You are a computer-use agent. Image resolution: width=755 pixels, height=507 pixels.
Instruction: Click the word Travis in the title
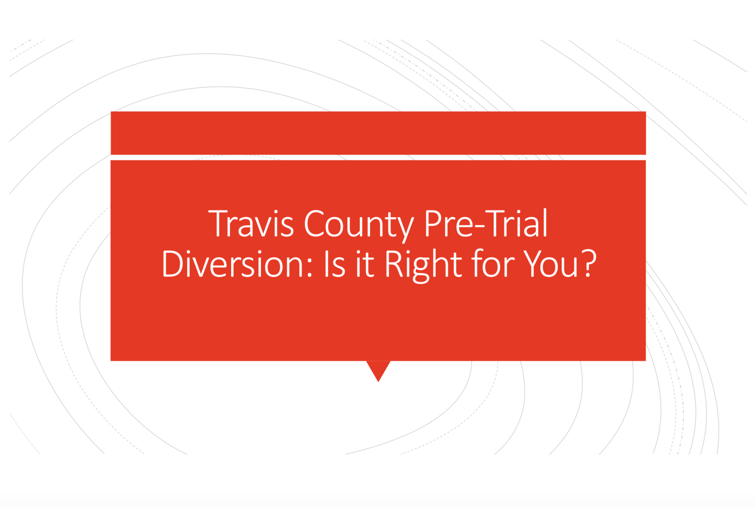point(251,224)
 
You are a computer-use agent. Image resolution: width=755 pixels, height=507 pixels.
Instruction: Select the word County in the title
point(359,224)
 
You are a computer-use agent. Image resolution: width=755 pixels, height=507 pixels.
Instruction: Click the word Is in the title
point(335,264)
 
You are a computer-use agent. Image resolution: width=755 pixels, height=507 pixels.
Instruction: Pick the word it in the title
point(365,264)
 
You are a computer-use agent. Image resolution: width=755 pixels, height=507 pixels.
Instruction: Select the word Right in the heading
point(423,264)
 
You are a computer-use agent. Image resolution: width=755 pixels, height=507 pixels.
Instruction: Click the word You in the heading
point(551,264)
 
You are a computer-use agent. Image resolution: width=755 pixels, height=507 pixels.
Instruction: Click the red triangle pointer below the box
point(378,369)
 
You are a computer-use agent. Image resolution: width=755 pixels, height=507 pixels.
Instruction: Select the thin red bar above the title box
point(378,133)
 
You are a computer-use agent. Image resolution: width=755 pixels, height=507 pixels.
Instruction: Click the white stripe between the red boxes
point(378,157)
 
